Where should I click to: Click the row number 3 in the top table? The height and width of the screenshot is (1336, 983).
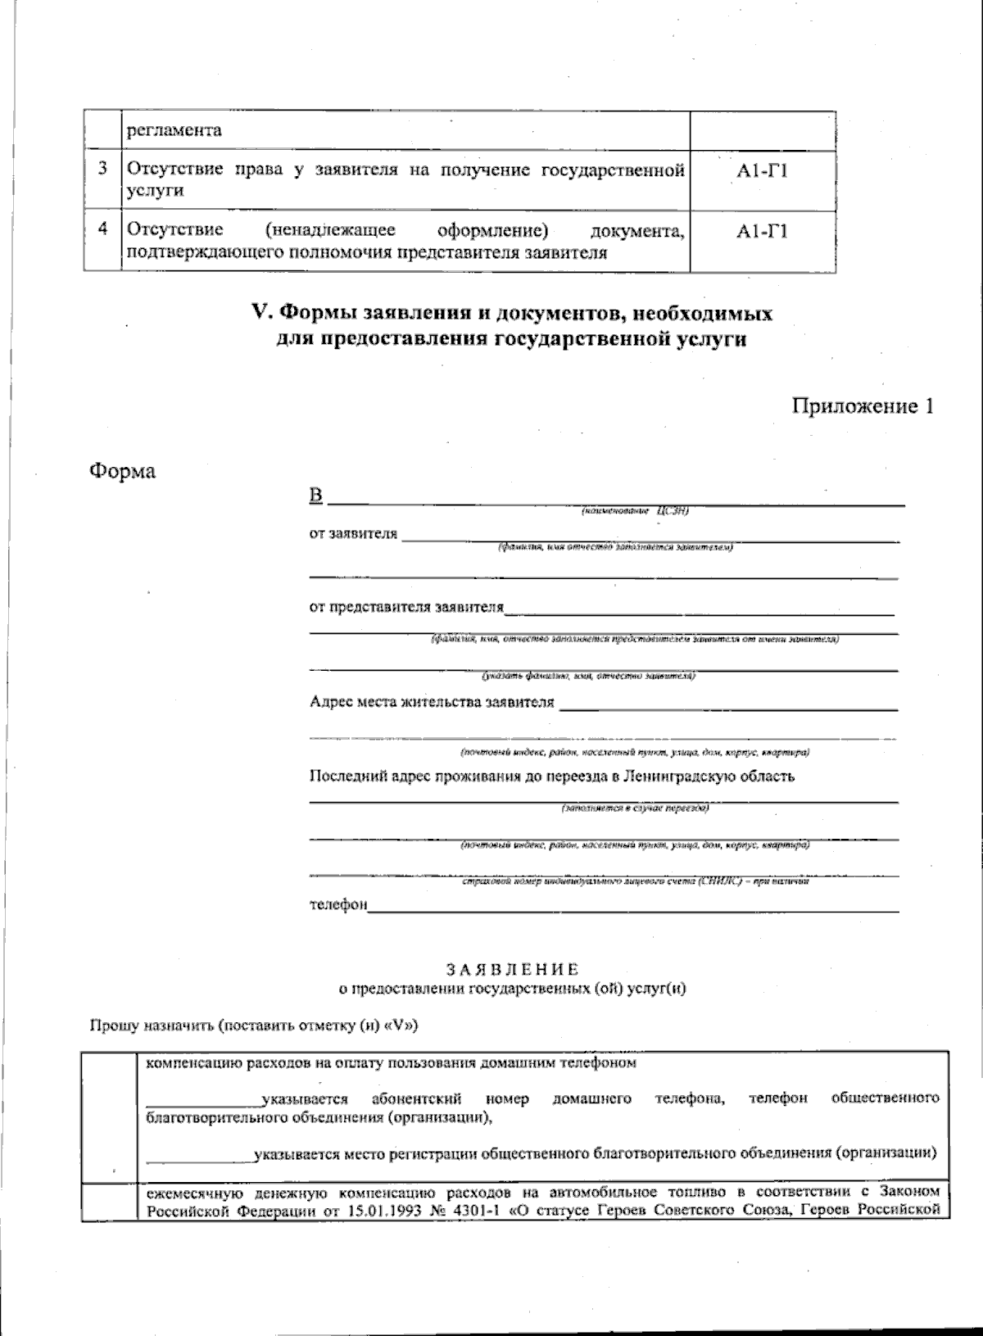(102, 170)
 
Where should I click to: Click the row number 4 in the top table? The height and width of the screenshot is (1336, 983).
(102, 229)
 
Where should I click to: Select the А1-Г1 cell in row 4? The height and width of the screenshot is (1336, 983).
(762, 232)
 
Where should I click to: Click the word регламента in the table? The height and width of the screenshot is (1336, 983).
(173, 130)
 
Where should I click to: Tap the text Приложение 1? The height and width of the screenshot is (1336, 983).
(862, 406)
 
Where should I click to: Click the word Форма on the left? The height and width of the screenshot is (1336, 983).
(122, 472)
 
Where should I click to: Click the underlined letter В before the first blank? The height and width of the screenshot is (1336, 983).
(316, 496)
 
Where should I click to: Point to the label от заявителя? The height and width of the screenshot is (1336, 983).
(353, 534)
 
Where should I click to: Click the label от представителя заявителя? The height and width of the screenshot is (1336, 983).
(406, 607)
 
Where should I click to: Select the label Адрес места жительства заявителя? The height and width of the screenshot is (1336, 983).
(432, 702)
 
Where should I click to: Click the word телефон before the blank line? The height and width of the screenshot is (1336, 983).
(337, 905)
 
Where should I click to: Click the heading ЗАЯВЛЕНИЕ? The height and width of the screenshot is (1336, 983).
(512, 970)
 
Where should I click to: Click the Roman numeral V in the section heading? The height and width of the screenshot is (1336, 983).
(260, 313)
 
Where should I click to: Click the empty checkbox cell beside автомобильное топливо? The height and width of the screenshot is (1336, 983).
(110, 1200)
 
